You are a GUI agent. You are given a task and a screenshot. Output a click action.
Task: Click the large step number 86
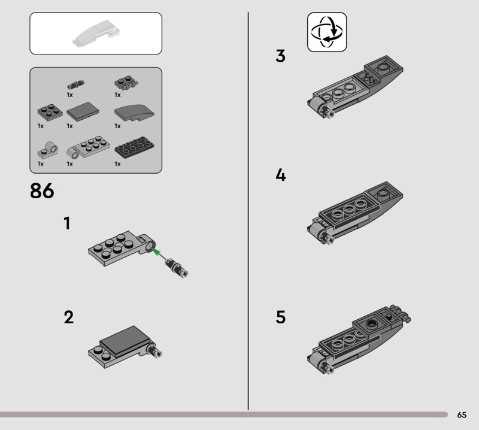point(42,190)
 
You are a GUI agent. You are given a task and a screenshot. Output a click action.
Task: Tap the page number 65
point(462,414)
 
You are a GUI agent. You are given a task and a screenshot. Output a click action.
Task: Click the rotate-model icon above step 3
point(327,32)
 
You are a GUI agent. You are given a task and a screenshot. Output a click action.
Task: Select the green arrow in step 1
point(159,255)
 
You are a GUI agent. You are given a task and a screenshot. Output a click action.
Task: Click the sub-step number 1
point(67,223)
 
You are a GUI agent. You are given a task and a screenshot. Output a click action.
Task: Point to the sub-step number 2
point(69,317)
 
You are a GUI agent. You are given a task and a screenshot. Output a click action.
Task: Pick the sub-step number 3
point(280,56)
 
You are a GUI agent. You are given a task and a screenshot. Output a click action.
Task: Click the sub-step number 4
point(281,175)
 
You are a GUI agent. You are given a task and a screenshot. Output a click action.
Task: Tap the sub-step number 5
point(281,317)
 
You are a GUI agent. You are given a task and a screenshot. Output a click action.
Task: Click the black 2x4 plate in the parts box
point(134,147)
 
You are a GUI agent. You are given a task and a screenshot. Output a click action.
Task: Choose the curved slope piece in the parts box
point(134,112)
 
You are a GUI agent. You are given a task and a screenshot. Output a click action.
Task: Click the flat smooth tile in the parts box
point(83,111)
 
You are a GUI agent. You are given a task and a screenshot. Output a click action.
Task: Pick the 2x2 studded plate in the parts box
point(50,112)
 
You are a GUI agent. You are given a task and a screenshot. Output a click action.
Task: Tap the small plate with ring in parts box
point(48,150)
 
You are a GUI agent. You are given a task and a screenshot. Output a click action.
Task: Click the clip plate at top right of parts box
point(126,83)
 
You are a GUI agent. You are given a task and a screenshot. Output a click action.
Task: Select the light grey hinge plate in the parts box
point(88,147)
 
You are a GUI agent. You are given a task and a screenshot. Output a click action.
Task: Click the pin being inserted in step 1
point(177,268)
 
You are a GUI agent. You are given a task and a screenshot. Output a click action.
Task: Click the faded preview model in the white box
point(96,33)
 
